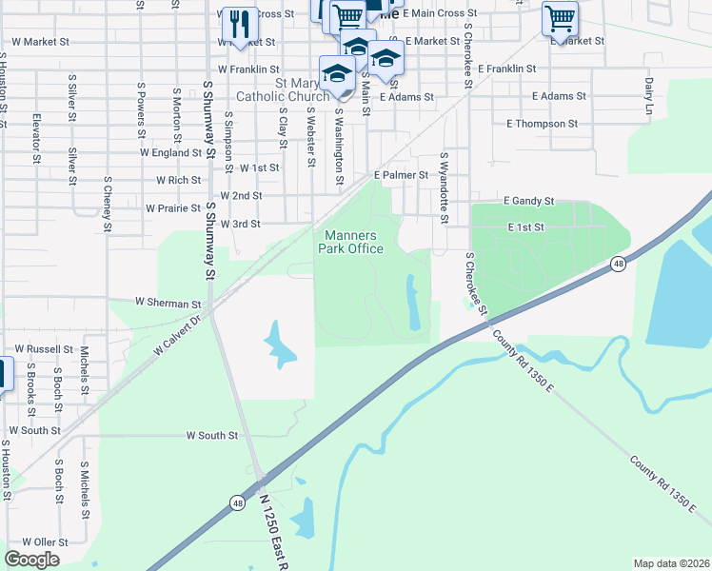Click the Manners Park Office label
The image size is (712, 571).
pos(354,243)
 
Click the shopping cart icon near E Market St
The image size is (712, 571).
pos(560,17)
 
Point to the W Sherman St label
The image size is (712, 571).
pos(168,302)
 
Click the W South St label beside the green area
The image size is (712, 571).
pos(211,436)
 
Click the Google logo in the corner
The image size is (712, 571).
pos(31,560)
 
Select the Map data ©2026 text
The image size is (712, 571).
pos(671,563)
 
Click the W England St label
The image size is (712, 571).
pos(170,152)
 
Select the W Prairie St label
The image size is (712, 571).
pos(174,207)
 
